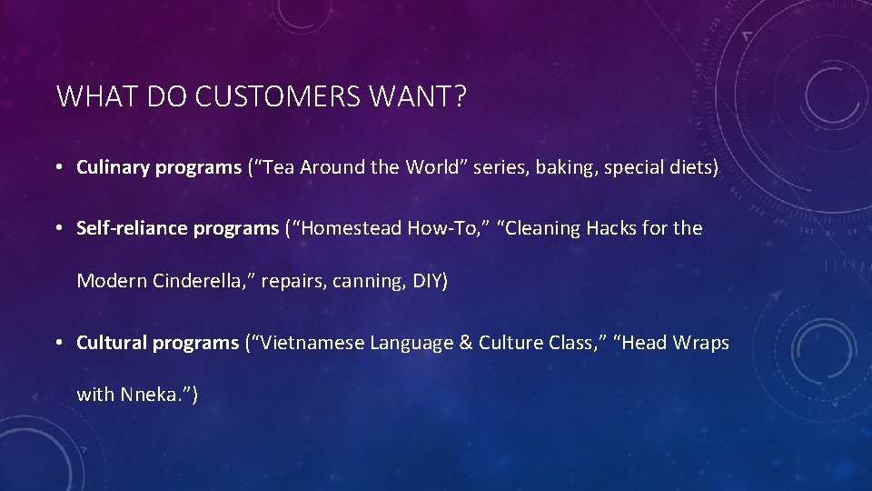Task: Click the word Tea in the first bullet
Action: (282, 168)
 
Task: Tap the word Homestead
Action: (351, 228)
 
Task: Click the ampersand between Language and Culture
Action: (464, 343)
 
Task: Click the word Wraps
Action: (700, 343)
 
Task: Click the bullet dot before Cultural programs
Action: (57, 344)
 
